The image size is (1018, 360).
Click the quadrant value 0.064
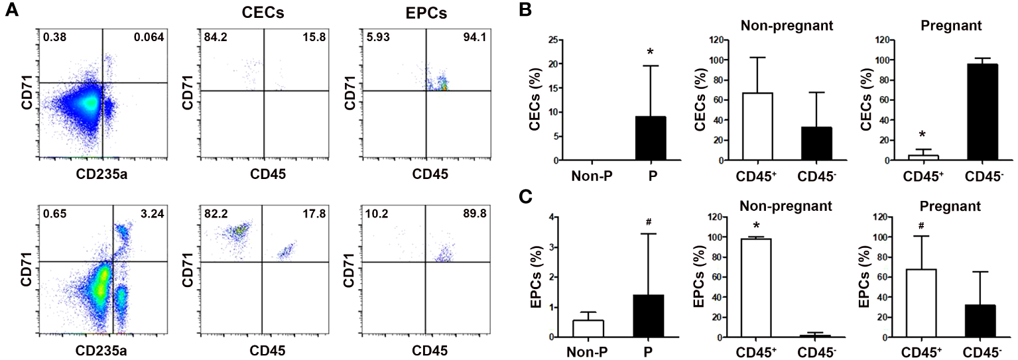pos(150,36)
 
